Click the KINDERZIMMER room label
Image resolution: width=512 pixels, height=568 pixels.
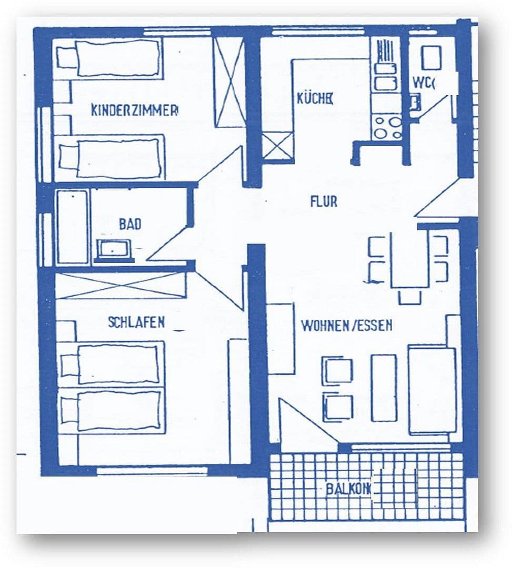coord(135,110)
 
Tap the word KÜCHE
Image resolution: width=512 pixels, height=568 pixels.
coord(315,98)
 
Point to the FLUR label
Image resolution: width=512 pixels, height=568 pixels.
coord(323,201)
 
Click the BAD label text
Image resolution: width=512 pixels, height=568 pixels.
coord(130,225)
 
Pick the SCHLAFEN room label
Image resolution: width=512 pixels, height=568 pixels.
coord(136,322)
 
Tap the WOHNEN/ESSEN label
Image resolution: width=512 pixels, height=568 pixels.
coord(346,326)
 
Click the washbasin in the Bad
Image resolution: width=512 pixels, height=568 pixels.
coord(114,249)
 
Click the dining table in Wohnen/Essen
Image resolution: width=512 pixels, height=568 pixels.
coord(409,259)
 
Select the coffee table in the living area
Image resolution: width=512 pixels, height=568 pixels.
coord(384,388)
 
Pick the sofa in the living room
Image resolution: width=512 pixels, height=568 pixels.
coord(432,389)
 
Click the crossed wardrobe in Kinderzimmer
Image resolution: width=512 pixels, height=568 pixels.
coord(229,82)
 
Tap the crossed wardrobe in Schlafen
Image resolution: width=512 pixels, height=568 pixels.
coord(121,286)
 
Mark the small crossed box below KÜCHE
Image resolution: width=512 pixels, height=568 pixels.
coord(278,146)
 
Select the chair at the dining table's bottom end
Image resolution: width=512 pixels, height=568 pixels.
coord(410,297)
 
